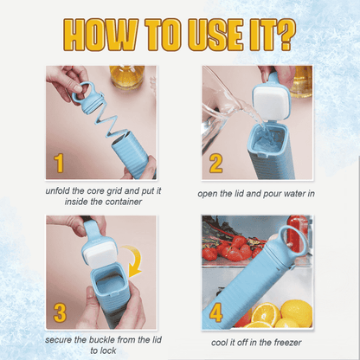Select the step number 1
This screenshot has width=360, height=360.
point(59,164)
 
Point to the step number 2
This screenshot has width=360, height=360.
point(215,164)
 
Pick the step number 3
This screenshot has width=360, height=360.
point(60,312)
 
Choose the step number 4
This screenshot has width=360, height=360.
point(216,312)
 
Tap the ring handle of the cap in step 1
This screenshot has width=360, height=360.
point(82,93)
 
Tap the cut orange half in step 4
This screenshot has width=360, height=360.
point(266,314)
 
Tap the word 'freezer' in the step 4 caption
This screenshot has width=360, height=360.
point(287,343)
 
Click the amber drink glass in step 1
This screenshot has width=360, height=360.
point(126,76)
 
